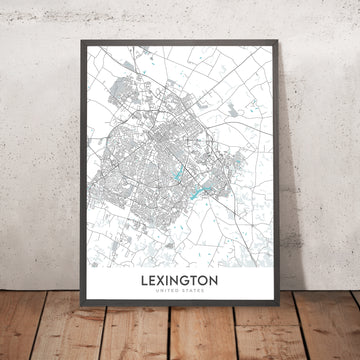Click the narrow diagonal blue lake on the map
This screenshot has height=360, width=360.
(179, 178)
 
